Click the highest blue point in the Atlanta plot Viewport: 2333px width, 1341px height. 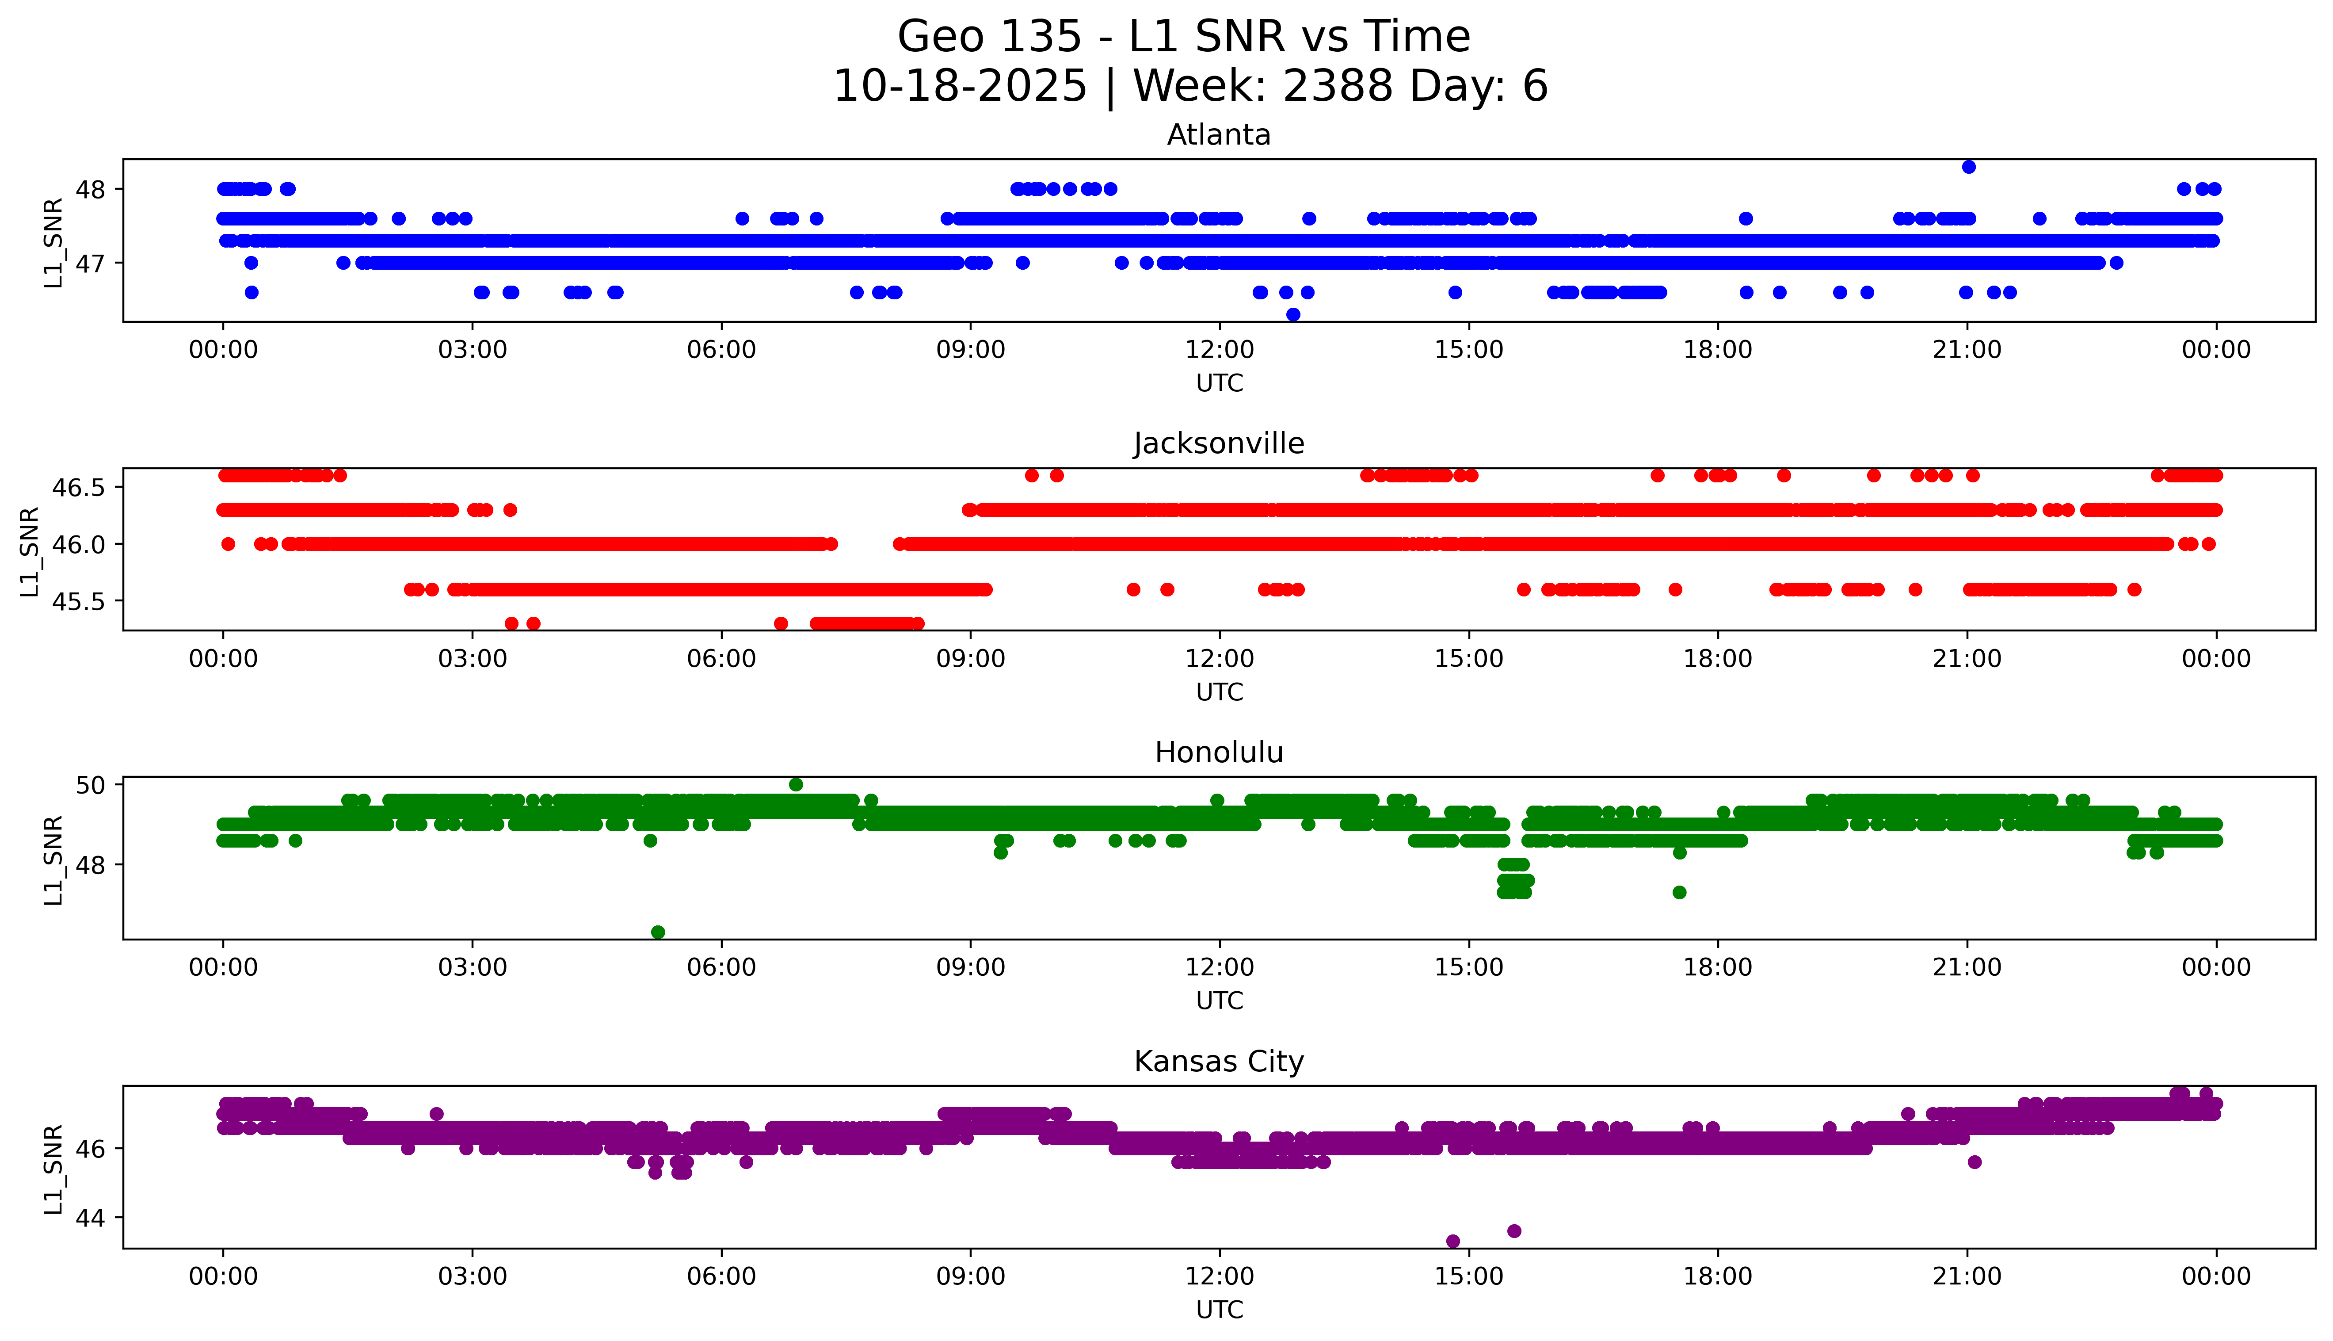(x=1968, y=167)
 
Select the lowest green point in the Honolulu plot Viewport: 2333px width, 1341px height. (x=657, y=932)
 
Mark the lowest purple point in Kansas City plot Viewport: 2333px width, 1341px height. (x=1453, y=1242)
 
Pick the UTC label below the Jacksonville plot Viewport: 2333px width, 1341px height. (x=1219, y=692)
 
